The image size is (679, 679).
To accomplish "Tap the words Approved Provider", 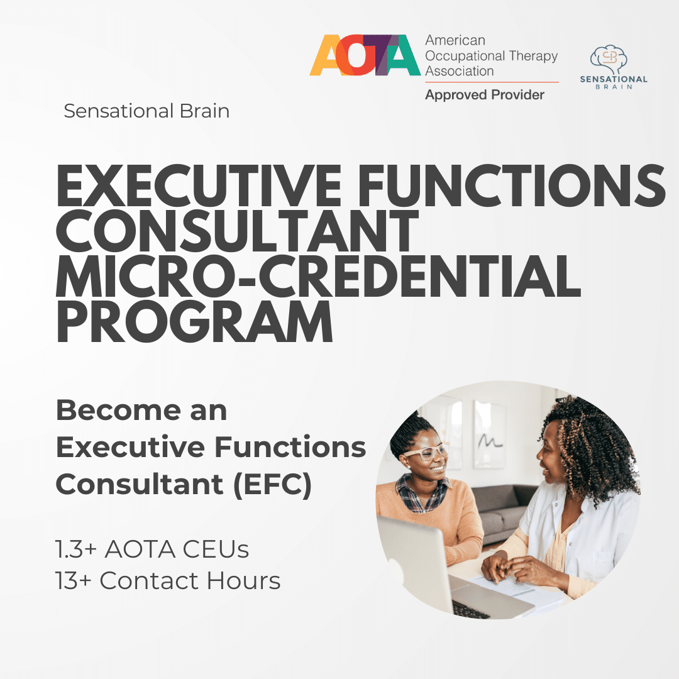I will coord(485,95).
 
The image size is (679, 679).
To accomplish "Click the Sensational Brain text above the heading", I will coord(146,111).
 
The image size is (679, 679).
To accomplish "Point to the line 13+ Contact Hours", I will coord(168,581).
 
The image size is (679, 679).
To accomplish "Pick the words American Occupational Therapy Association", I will coord(491,56).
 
